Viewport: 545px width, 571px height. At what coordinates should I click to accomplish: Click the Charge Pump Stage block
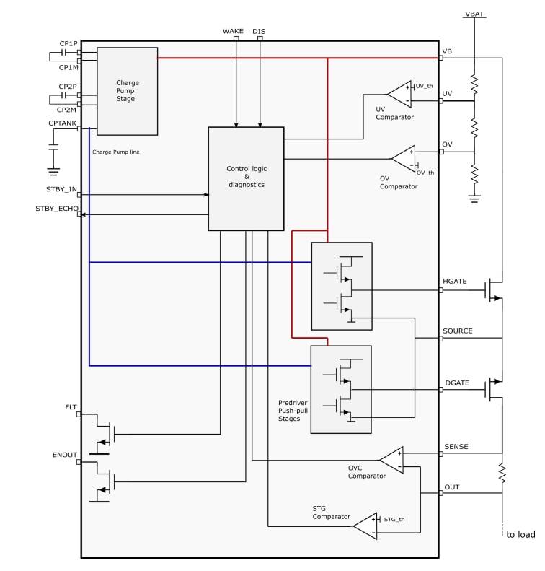(x=127, y=91)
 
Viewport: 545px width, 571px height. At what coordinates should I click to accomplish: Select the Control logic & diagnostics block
(x=246, y=178)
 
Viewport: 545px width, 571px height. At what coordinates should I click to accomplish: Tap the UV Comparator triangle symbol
(x=399, y=93)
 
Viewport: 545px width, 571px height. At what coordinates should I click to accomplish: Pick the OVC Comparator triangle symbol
(x=391, y=460)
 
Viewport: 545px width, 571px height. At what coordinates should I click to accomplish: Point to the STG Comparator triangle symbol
(x=365, y=526)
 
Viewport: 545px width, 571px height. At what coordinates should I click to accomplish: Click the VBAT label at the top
(x=474, y=14)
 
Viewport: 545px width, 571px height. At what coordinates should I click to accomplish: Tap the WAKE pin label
(x=233, y=31)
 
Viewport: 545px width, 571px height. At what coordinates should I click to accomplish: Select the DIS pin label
(x=259, y=31)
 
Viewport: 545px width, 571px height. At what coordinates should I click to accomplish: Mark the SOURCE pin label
(x=458, y=331)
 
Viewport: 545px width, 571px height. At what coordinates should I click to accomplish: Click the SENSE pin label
(x=456, y=447)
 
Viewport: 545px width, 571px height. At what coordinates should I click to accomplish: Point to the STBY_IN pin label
(x=61, y=189)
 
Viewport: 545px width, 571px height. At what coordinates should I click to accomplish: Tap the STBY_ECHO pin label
(x=57, y=208)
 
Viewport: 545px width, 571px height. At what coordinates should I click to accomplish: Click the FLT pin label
(x=71, y=407)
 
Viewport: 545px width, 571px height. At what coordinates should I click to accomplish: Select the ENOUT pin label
(x=65, y=455)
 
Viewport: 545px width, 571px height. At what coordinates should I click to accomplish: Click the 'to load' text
(x=520, y=535)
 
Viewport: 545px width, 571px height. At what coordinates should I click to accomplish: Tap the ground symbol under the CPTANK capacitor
(x=53, y=172)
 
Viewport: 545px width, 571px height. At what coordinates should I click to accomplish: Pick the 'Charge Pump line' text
(x=115, y=152)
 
